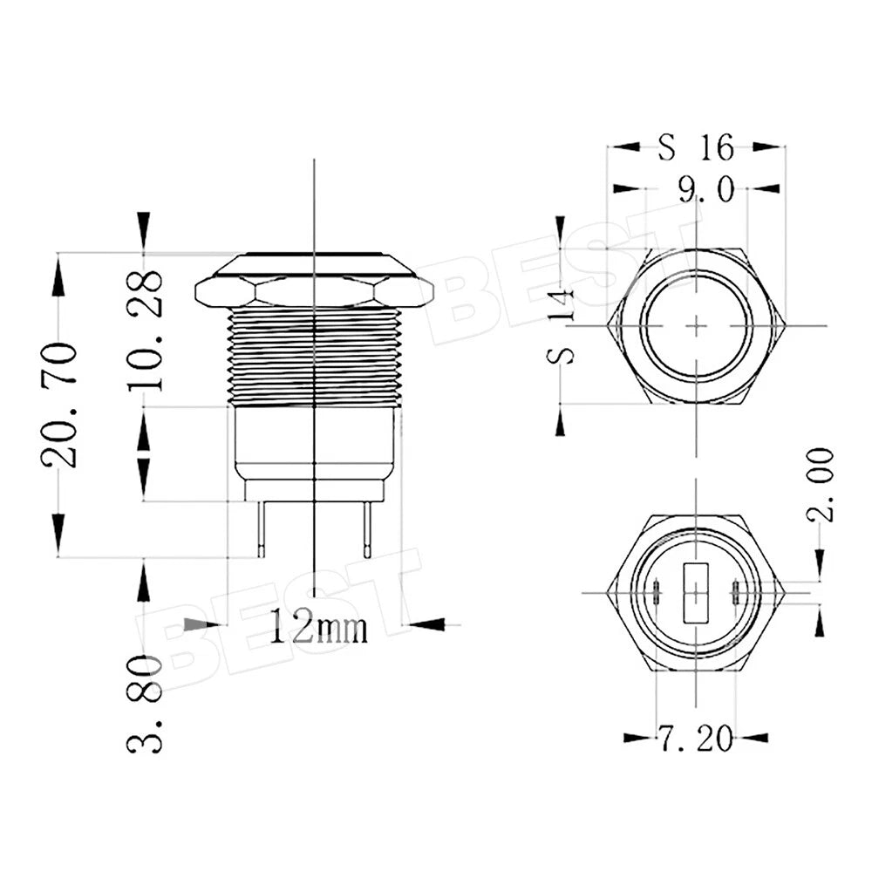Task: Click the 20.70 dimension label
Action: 59,405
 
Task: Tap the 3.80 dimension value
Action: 145,704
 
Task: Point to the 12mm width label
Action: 318,626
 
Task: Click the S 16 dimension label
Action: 696,147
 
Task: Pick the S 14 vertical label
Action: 561,325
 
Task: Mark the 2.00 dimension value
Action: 821,485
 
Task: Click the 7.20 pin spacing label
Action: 696,739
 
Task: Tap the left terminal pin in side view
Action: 262,529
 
